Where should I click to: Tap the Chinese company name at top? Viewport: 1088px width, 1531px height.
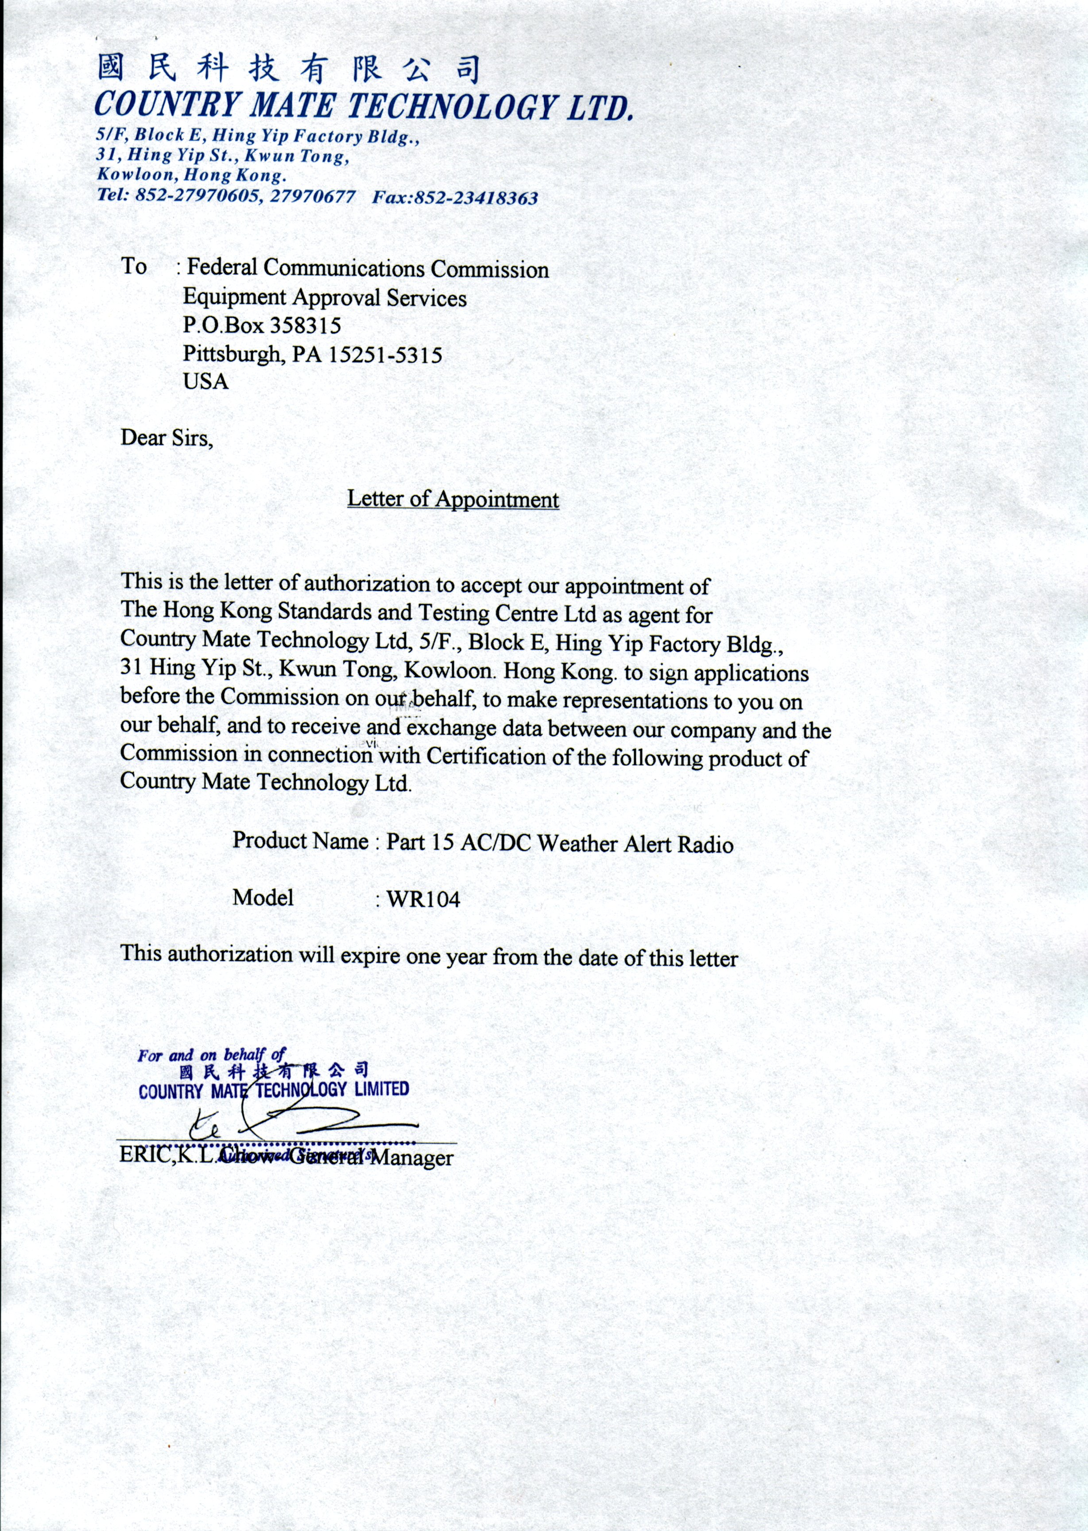288,69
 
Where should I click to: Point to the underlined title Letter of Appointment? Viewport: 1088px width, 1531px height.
453,499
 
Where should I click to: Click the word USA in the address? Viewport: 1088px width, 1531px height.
205,382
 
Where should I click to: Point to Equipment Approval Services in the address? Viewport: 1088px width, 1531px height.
325,298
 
